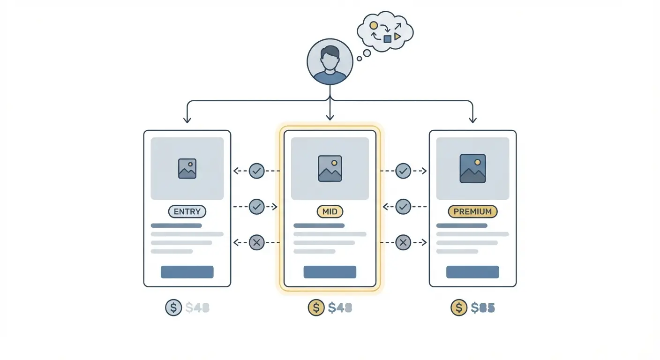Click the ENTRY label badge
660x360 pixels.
pos(187,211)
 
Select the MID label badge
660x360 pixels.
pos(330,211)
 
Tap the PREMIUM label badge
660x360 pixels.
pos(472,211)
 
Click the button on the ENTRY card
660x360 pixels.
pos(187,272)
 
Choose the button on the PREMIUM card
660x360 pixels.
pos(472,272)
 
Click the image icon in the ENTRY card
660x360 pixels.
pos(187,168)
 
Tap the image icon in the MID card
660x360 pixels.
pos(330,168)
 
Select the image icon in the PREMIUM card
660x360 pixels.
pos(472,168)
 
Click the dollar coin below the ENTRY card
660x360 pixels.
pos(173,307)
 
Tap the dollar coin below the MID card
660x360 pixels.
pos(316,307)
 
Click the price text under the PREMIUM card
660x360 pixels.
pos(483,307)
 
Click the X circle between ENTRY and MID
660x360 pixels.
pos(256,242)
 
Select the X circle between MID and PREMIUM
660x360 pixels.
pos(403,242)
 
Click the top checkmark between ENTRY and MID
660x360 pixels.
pos(256,171)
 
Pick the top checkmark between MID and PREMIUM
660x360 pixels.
pos(403,171)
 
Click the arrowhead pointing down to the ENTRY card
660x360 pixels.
pos(187,120)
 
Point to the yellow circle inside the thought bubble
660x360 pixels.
pos(374,25)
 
